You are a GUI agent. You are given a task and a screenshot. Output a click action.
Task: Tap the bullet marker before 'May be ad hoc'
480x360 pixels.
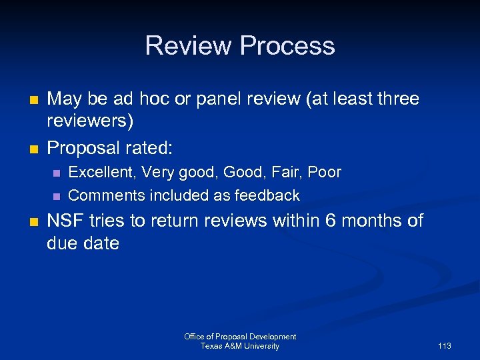(x=34, y=100)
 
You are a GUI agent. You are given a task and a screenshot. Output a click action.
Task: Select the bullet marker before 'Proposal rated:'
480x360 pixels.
(x=34, y=147)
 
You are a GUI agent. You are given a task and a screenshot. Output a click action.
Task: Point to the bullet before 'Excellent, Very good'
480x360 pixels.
(x=56, y=173)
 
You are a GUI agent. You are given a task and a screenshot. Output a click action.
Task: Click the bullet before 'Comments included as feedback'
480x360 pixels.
(x=56, y=197)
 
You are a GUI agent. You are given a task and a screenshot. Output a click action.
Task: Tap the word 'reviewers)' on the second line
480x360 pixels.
(x=90, y=122)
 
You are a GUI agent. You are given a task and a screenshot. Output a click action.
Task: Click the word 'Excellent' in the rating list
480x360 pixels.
(x=100, y=173)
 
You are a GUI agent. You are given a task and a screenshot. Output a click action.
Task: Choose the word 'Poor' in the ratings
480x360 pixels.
(x=325, y=173)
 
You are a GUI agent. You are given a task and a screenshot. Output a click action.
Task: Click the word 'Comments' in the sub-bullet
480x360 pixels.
(x=107, y=196)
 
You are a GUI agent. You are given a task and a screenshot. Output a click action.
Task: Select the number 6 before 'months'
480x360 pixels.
(x=330, y=221)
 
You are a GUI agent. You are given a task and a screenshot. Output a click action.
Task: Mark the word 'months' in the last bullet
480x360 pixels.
(x=371, y=221)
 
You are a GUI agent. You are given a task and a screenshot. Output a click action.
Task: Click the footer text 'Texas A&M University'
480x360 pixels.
(x=240, y=346)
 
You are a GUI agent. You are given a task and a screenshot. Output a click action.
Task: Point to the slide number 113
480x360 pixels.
(x=445, y=346)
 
